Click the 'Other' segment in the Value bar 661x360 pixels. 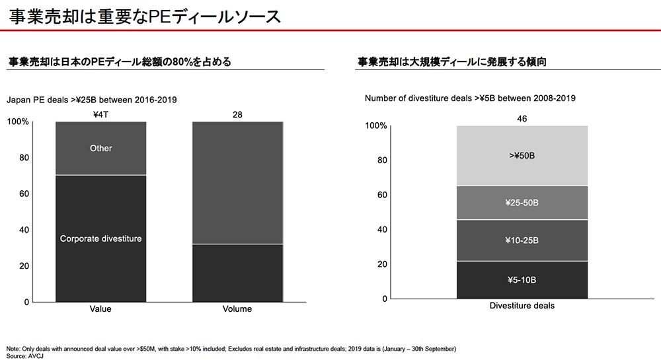click(x=100, y=149)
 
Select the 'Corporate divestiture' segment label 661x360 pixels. click(x=100, y=238)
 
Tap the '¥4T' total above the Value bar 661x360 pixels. click(x=100, y=115)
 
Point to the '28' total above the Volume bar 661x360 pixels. click(x=237, y=115)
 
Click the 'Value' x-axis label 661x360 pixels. click(x=100, y=309)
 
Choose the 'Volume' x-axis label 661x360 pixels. click(x=237, y=309)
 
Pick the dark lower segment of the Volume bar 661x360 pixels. click(x=237, y=273)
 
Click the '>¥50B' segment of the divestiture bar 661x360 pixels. click(x=522, y=156)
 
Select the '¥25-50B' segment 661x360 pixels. click(x=522, y=202)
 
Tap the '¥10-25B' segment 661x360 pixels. click(x=522, y=240)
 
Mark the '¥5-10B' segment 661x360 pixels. click(x=522, y=280)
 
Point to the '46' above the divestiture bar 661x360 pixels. click(x=522, y=119)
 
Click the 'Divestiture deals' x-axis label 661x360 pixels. click(x=522, y=306)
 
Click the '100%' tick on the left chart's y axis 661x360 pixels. click(x=18, y=122)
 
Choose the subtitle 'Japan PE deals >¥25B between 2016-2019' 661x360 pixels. click(x=91, y=100)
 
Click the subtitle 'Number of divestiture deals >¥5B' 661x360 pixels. click(x=470, y=98)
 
